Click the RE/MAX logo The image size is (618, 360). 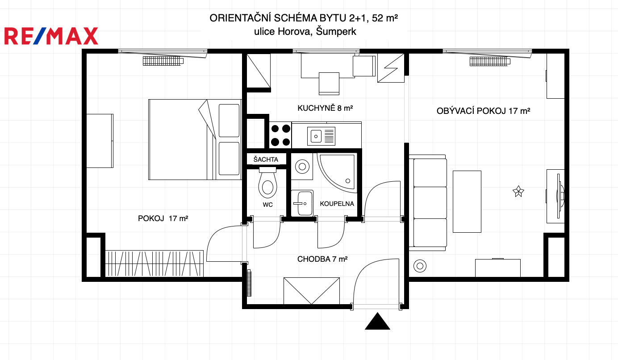point(51,36)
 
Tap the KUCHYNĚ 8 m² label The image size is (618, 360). point(325,108)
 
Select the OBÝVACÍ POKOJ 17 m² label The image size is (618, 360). point(483,111)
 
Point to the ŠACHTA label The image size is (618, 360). point(266,159)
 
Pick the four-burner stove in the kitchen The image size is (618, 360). point(280,135)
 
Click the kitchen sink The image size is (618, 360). point(321,136)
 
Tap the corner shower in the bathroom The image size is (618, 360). point(337,173)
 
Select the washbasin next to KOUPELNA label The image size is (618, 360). point(302,203)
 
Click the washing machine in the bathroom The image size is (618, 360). point(302,167)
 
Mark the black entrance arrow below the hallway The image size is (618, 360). point(377,321)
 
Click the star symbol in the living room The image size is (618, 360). point(518,191)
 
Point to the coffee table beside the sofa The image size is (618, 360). point(467,201)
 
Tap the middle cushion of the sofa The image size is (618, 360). point(430,203)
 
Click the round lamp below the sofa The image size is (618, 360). point(420,266)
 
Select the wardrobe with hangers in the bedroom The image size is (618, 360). point(154,264)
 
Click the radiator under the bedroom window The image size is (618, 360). point(163,61)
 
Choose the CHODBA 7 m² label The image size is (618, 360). point(322,259)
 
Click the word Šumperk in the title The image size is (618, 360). point(336,31)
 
